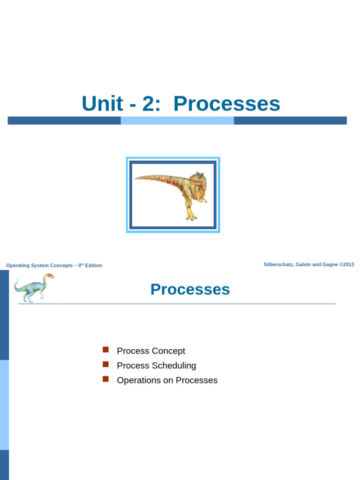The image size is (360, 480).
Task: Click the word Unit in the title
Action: [x=103, y=104]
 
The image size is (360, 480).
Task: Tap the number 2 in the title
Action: [x=149, y=104]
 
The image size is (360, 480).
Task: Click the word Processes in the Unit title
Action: [x=227, y=104]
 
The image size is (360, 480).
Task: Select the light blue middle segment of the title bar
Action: [x=177, y=120]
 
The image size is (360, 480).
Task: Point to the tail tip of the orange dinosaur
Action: [x=135, y=178]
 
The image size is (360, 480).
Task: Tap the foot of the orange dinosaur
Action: [x=191, y=217]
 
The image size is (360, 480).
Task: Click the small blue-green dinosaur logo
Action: [x=34, y=288]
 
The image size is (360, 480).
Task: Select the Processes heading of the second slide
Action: [x=190, y=289]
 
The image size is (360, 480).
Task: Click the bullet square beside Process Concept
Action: [x=105, y=350]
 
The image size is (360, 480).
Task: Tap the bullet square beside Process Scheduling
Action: [x=105, y=364]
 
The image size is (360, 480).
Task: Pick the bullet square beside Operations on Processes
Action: [x=105, y=379]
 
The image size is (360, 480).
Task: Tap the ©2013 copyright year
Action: [x=346, y=264]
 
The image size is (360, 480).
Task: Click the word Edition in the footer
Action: [x=93, y=265]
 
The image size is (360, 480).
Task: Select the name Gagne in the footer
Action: [x=330, y=265]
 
